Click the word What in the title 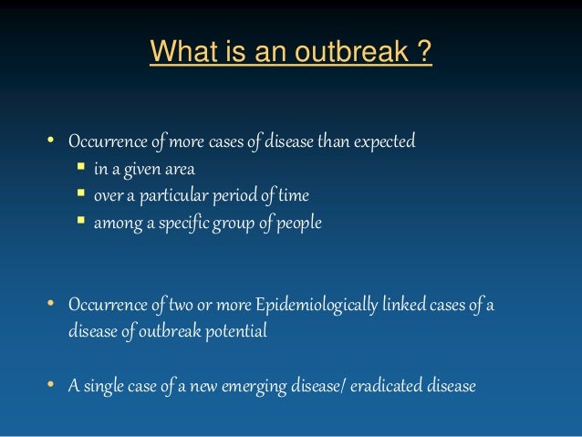point(178,53)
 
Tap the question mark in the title point(423,53)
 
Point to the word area point(177,169)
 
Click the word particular point(158,195)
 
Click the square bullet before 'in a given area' point(80,168)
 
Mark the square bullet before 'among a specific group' point(80,221)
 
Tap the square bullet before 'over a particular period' point(80,194)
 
